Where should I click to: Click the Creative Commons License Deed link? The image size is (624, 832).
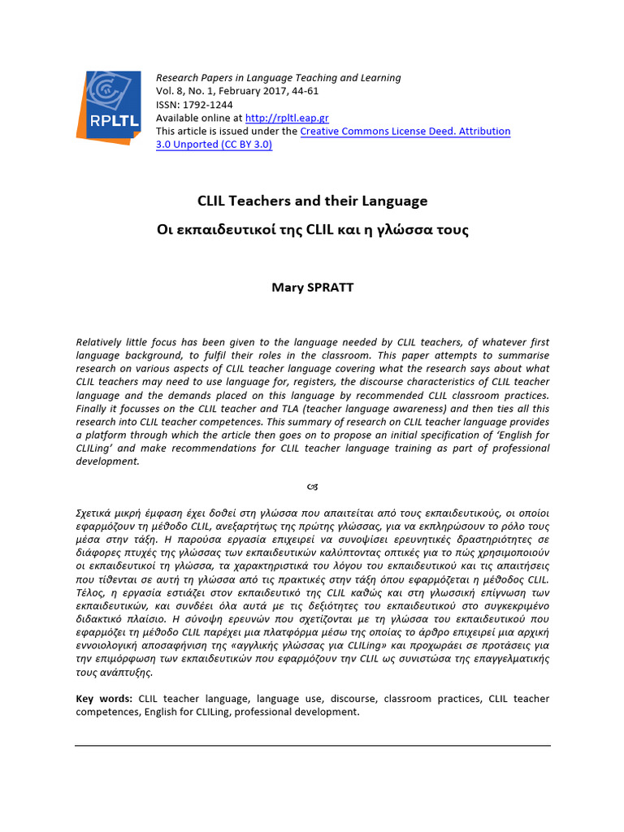point(405,131)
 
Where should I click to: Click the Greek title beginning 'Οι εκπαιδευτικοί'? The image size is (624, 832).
point(313,230)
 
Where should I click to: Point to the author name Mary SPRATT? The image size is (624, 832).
point(313,288)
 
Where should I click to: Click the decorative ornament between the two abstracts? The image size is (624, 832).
point(313,487)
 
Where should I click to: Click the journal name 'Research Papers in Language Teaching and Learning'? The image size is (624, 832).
point(278,78)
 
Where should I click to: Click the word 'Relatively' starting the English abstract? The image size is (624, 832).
point(101,343)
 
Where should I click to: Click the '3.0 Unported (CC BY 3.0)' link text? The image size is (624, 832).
point(214,145)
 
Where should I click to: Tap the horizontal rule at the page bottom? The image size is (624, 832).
point(313,745)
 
